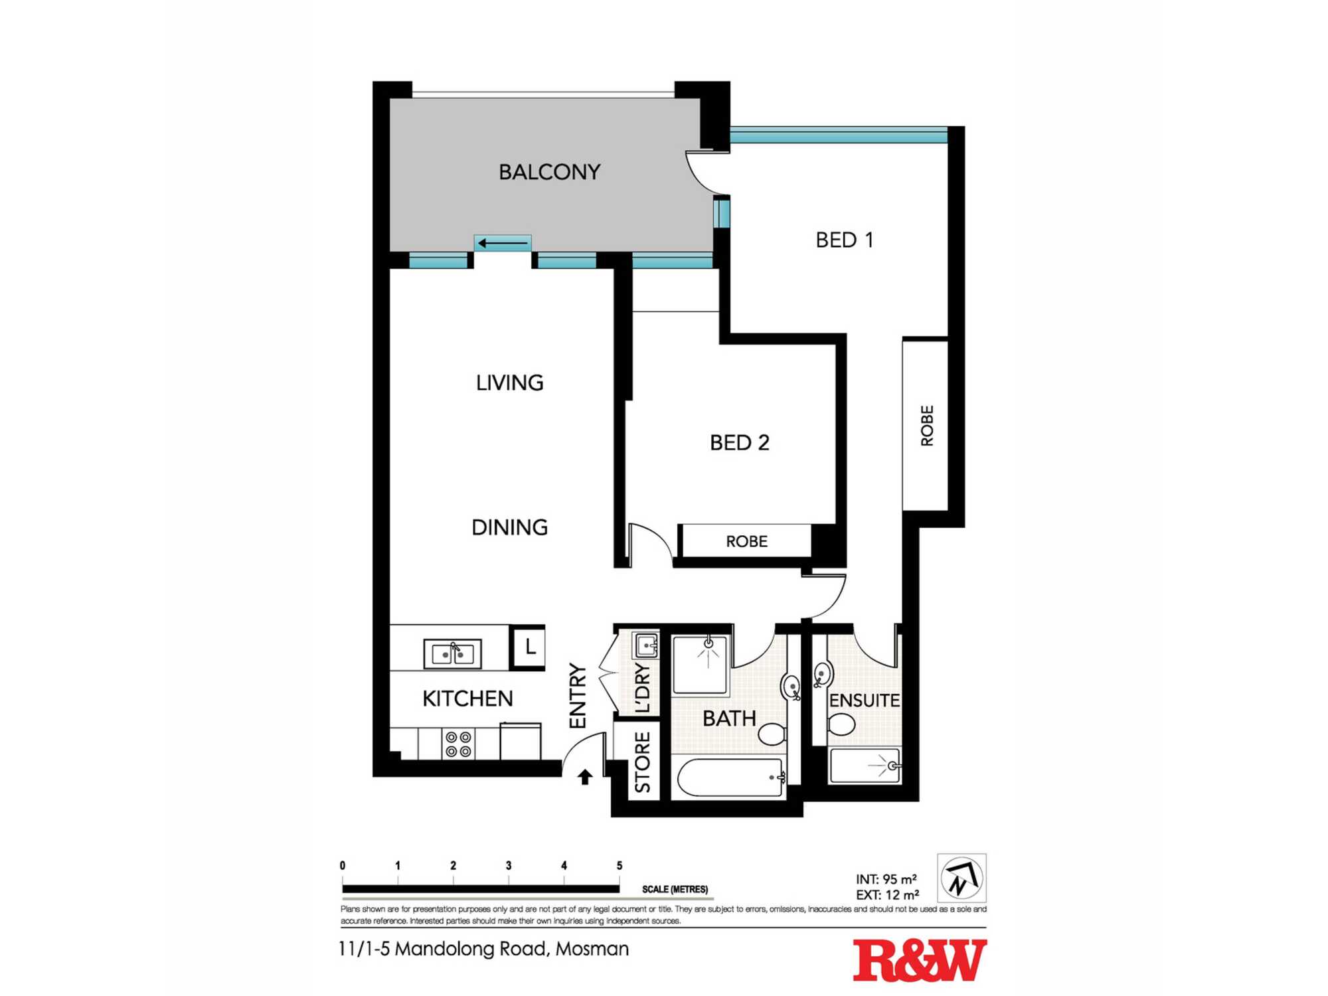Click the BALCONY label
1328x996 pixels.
pyautogui.click(x=549, y=172)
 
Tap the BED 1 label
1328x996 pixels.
pyautogui.click(x=844, y=240)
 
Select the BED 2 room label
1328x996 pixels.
pyautogui.click(x=739, y=442)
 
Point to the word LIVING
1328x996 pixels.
pyautogui.click(x=509, y=382)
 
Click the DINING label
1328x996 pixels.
pyautogui.click(x=509, y=527)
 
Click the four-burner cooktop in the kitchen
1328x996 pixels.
pyautogui.click(x=458, y=744)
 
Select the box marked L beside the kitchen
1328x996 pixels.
pyautogui.click(x=529, y=647)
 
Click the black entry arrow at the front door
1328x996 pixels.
pyautogui.click(x=584, y=777)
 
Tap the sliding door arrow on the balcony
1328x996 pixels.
pyautogui.click(x=503, y=243)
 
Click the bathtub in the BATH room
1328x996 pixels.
pyautogui.click(x=729, y=778)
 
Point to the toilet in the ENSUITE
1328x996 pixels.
pyautogui.click(x=841, y=724)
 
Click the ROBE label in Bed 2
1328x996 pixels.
pyautogui.click(x=746, y=541)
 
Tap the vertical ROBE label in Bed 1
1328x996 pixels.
pyautogui.click(x=927, y=426)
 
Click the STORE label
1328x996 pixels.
pyautogui.click(x=642, y=762)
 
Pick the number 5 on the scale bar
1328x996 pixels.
pyautogui.click(x=619, y=865)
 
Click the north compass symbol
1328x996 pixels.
pyautogui.click(x=961, y=878)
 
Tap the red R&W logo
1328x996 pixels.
pyautogui.click(x=919, y=960)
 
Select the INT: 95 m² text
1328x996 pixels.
pyautogui.click(x=886, y=879)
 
